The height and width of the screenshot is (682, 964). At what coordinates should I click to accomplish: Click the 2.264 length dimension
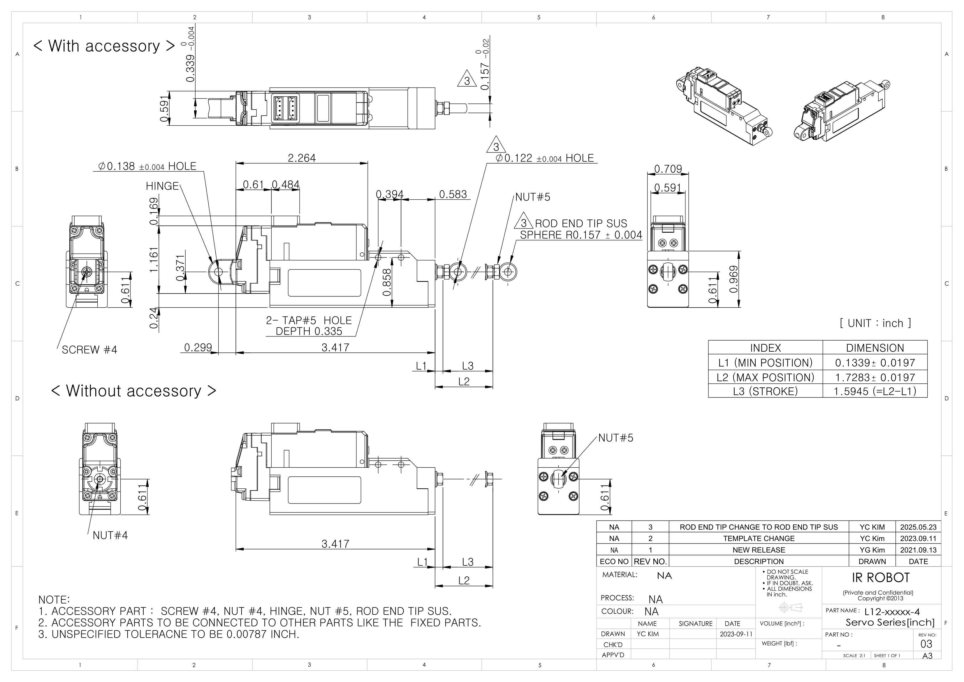(301, 158)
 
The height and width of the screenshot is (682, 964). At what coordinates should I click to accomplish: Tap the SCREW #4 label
(89, 350)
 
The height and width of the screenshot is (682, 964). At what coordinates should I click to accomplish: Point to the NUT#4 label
(110, 535)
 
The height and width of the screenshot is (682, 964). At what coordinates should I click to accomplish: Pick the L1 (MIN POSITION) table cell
(765, 363)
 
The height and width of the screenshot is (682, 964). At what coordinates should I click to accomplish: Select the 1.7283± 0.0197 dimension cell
(875, 377)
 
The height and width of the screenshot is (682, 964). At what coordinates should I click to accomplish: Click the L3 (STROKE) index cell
(765, 391)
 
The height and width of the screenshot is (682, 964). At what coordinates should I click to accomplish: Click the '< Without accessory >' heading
(133, 391)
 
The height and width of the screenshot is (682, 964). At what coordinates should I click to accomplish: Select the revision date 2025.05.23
(918, 527)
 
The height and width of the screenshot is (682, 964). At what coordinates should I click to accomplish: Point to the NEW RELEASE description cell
(758, 550)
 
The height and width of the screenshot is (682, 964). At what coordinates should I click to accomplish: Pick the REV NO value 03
(926, 644)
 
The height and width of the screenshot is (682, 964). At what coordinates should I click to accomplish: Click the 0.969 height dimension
(733, 279)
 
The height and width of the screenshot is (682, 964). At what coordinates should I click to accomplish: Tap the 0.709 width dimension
(668, 169)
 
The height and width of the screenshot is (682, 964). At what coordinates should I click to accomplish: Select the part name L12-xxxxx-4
(892, 612)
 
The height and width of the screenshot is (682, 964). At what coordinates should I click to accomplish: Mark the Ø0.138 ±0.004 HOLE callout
(147, 166)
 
